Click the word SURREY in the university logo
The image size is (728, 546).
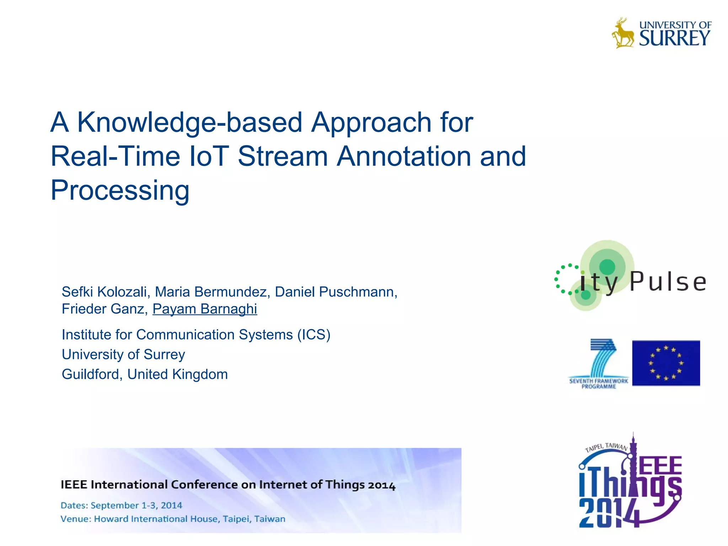674,38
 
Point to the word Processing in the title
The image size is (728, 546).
120,191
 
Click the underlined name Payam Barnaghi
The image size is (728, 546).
205,309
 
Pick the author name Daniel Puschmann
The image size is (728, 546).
334,292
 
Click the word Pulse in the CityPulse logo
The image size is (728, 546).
668,282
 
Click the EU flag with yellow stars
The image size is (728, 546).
666,363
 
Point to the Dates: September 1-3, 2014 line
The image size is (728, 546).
121,505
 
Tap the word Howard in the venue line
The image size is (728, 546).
111,519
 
